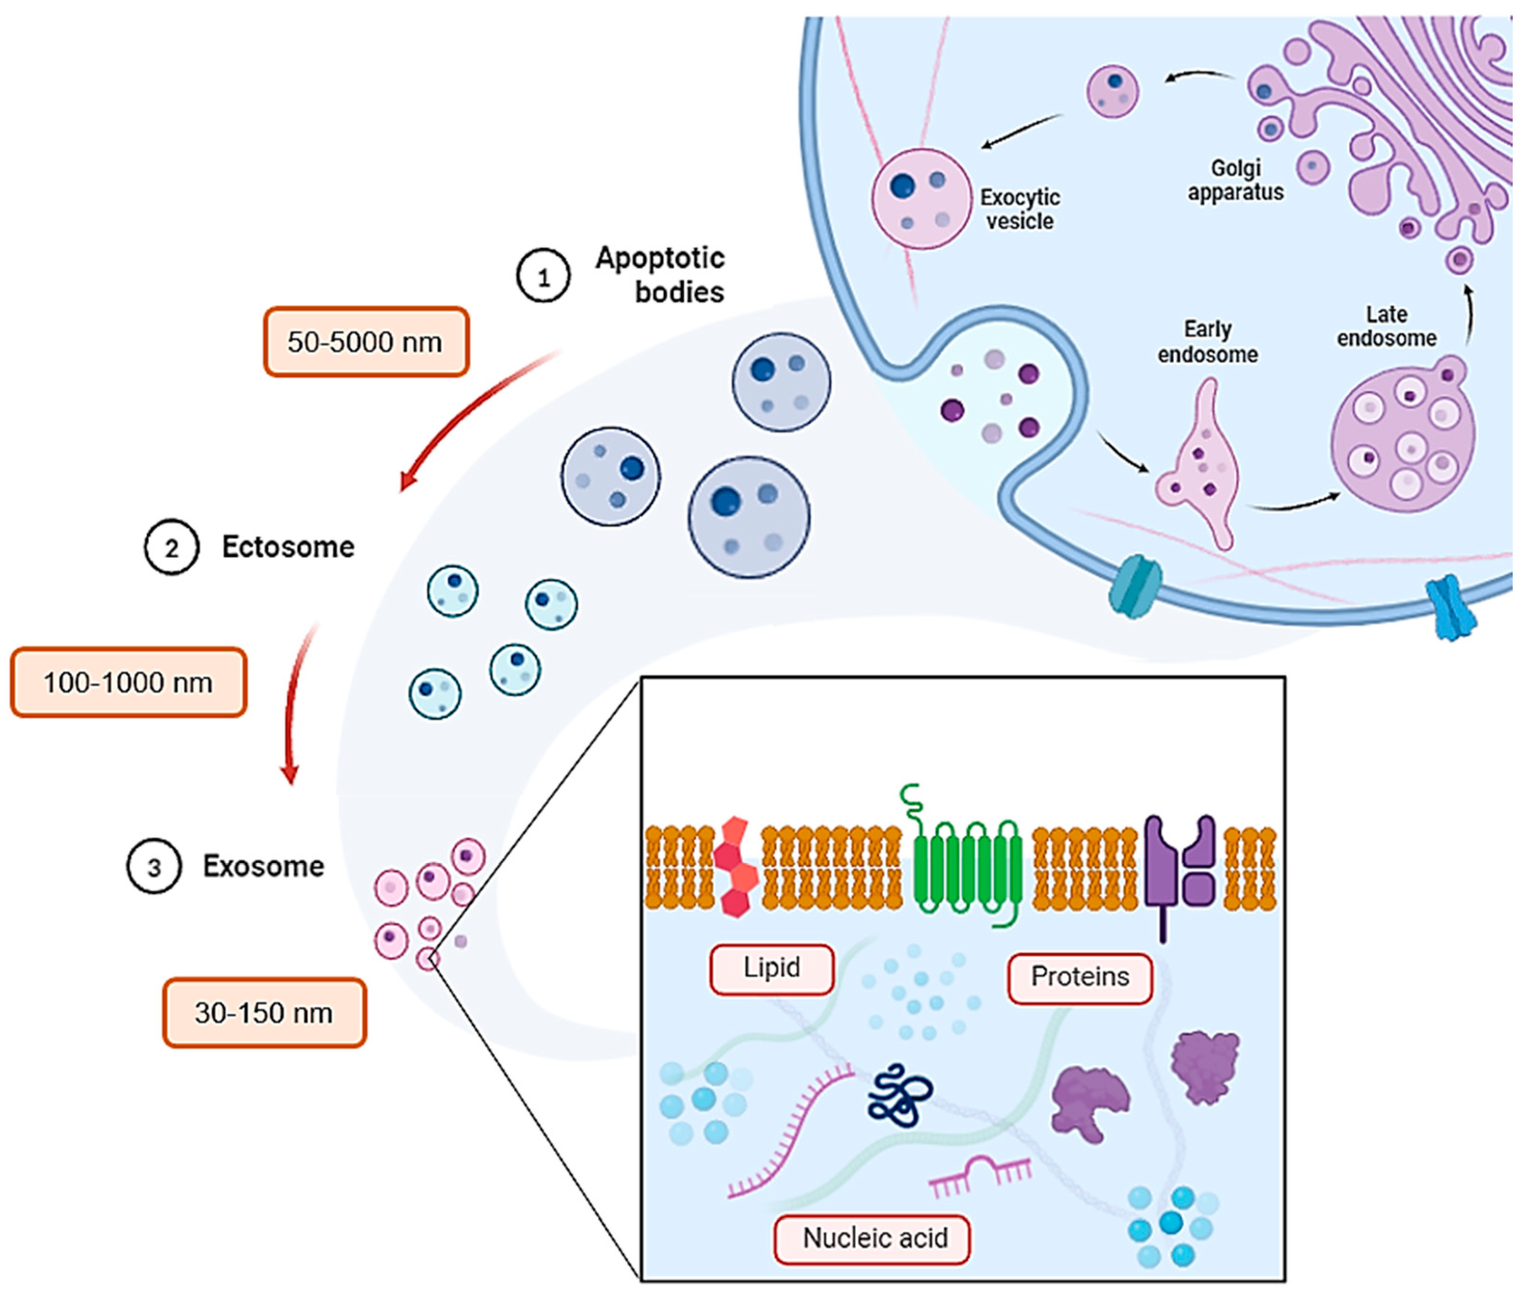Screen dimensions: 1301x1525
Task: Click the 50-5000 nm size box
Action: [366, 342]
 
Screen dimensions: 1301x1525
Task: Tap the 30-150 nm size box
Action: [264, 1013]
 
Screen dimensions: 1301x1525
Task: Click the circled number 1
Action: [543, 277]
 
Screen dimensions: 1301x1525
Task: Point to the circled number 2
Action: [171, 548]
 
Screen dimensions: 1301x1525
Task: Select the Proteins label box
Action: [1080, 977]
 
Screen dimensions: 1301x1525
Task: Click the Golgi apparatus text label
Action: [1236, 180]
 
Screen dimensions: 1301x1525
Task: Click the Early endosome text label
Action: [1208, 342]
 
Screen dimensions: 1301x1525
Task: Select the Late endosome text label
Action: [1387, 326]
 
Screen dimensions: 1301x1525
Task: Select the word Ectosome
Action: [288, 547]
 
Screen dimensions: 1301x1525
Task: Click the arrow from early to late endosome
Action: [1295, 504]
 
